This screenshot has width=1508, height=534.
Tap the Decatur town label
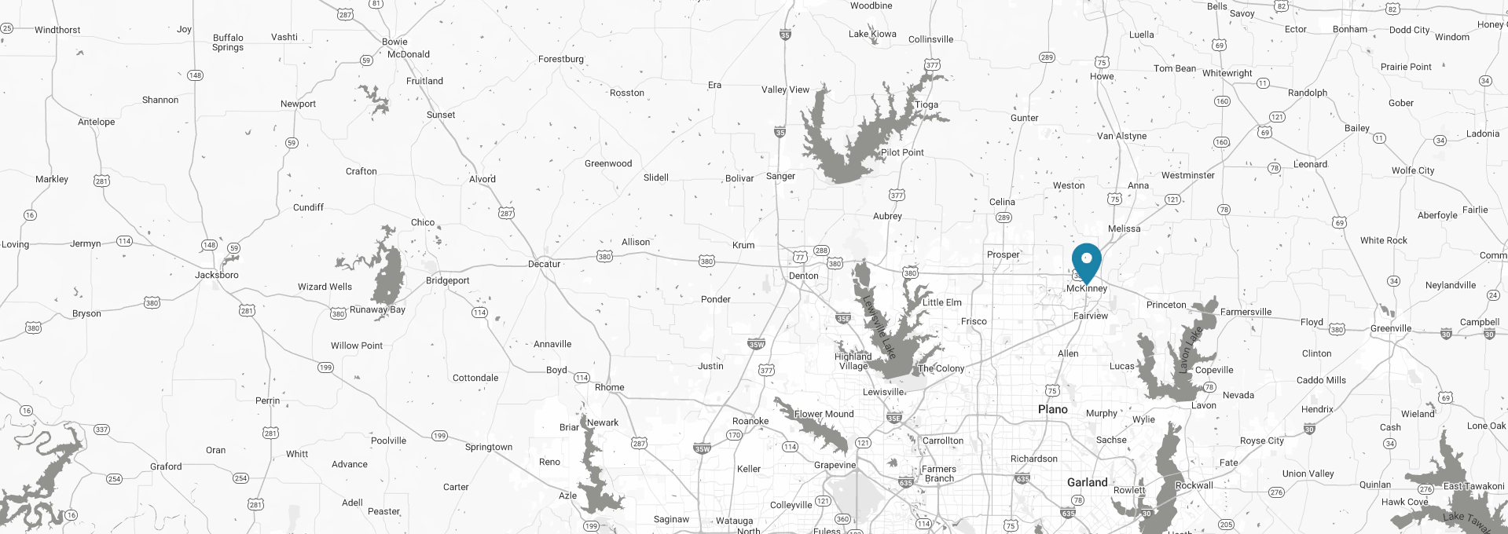pos(544,264)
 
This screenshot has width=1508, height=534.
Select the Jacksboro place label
pos(216,275)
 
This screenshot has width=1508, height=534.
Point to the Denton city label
pos(803,276)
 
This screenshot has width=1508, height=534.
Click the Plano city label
pos(1052,409)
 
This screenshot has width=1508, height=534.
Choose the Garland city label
pos(1087,482)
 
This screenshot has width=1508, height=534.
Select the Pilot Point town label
pos(902,152)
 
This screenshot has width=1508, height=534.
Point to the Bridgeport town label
pos(447,280)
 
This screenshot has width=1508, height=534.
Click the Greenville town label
pos(1390,328)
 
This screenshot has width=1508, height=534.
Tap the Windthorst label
pos(57,30)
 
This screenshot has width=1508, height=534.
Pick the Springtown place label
pos(488,447)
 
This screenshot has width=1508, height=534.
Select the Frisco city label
pos(974,321)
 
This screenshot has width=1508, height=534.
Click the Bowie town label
pos(394,42)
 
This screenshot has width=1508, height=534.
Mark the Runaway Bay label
pos(377,309)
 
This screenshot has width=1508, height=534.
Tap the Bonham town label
pos(1349,29)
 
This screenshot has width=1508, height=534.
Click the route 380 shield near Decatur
pos(604,256)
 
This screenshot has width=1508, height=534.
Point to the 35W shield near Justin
pos(756,344)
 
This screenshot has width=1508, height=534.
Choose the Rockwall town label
pos(1194,485)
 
